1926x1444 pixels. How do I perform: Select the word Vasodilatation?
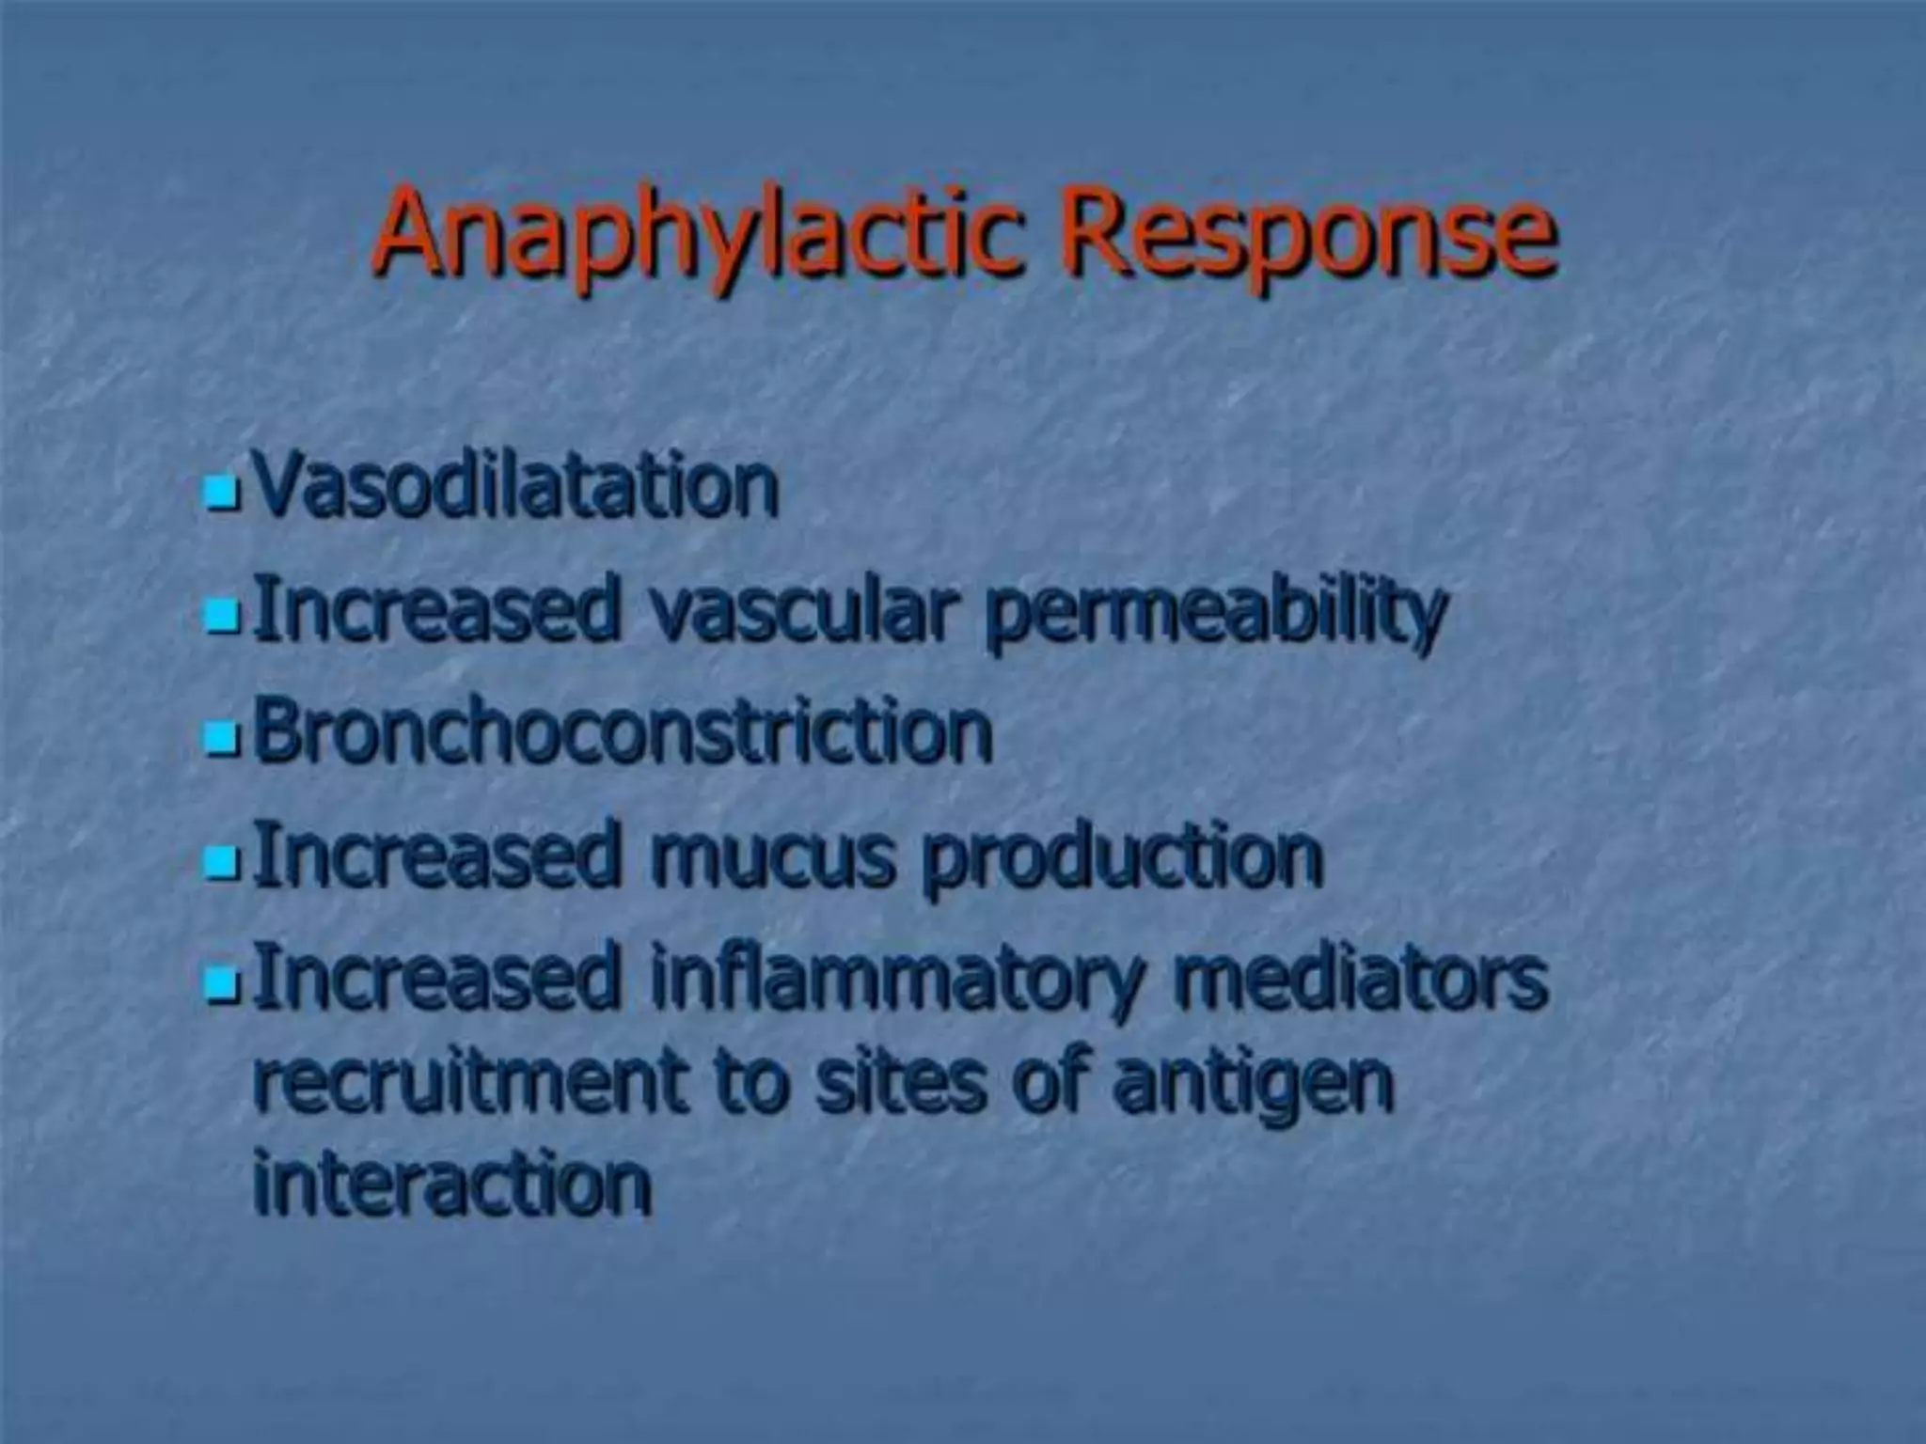pos(516,487)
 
